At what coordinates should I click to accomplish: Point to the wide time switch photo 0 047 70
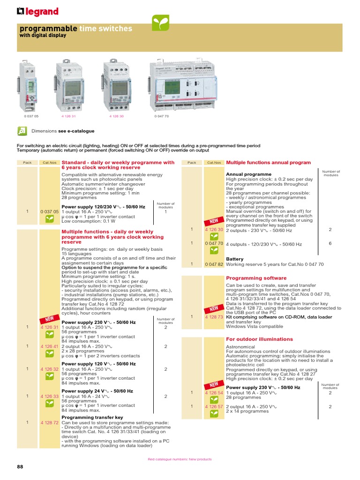click(x=183, y=86)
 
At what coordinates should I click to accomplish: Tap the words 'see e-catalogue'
click(x=76, y=131)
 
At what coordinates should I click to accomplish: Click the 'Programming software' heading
click(x=256, y=278)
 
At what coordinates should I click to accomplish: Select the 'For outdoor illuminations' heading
click(x=259, y=339)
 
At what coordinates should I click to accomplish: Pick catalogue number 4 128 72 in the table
click(x=49, y=422)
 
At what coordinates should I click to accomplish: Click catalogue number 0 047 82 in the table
click(x=214, y=264)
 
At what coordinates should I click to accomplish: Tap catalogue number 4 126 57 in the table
click(x=214, y=406)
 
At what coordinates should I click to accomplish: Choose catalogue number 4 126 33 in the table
click(x=49, y=396)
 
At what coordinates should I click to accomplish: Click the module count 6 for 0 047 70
click(x=330, y=244)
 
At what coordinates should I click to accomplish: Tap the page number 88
click(x=20, y=467)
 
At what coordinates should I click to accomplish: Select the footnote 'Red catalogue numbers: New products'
click(x=180, y=459)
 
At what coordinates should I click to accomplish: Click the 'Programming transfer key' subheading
click(x=92, y=417)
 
